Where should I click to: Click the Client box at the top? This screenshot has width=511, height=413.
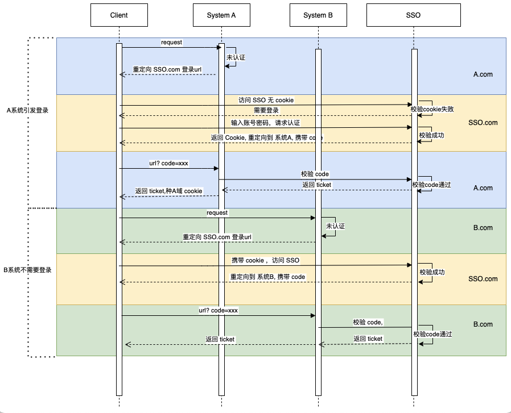point(119,15)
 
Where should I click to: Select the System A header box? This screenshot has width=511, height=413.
point(221,15)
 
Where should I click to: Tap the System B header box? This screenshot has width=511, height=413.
point(319,15)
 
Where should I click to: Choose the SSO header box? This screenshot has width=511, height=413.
point(414,15)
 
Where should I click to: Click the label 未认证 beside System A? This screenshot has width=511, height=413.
point(236,58)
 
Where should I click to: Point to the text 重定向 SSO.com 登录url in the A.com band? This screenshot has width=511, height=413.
point(167,69)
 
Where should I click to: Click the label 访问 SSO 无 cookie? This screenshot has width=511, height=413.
point(266,100)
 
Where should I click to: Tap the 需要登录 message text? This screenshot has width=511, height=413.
point(266,110)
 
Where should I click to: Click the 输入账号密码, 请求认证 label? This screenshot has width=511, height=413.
point(265,123)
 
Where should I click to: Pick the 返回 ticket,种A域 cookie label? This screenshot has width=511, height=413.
point(168,191)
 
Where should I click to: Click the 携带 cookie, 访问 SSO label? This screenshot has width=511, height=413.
point(265,260)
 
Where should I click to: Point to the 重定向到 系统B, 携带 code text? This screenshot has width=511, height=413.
point(267,277)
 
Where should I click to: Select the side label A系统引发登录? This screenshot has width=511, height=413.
point(27,111)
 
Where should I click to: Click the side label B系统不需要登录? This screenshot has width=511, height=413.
point(28,270)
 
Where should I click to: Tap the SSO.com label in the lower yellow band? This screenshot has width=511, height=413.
point(483,279)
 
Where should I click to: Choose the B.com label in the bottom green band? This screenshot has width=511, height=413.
point(483,324)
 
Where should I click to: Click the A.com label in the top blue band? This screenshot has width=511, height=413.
point(483,74)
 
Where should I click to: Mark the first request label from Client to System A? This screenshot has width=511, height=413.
point(171,42)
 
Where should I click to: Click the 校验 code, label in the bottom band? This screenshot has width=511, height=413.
point(368,322)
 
